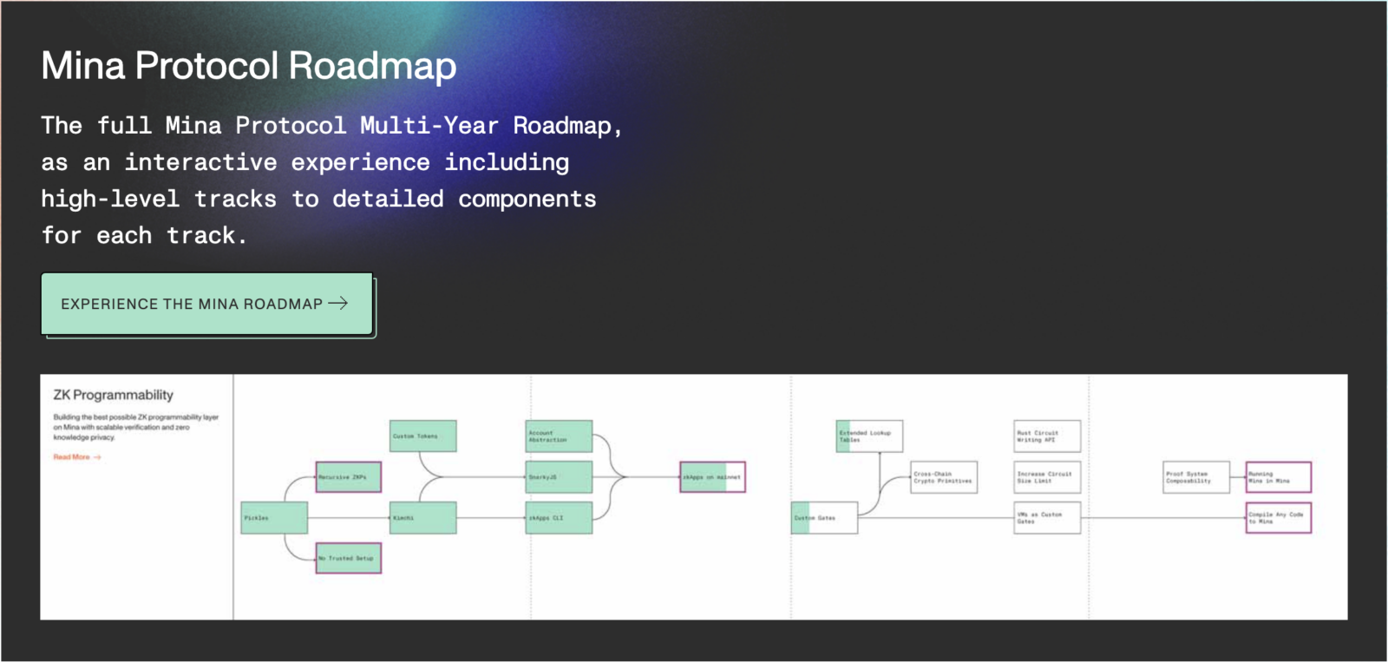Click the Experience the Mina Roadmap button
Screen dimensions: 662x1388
206,305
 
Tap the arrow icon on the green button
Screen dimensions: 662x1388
338,303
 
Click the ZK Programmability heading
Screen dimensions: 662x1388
114,396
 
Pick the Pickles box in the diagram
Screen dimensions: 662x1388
274,518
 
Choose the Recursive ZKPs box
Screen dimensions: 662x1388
348,477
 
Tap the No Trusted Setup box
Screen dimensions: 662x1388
348,558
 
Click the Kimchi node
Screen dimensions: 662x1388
423,518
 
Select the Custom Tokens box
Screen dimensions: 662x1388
423,436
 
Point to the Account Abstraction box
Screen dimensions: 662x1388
560,436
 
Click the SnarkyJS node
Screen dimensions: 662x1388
560,477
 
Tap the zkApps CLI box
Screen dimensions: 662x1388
560,518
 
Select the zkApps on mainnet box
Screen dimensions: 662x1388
712,477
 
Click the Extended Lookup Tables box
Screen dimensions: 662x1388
869,436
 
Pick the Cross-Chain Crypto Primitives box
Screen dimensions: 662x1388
944,477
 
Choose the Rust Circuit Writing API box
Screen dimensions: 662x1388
1047,436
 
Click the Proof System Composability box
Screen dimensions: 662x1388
1195,477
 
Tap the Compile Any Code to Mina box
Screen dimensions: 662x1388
1278,518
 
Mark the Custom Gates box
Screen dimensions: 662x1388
824,518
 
